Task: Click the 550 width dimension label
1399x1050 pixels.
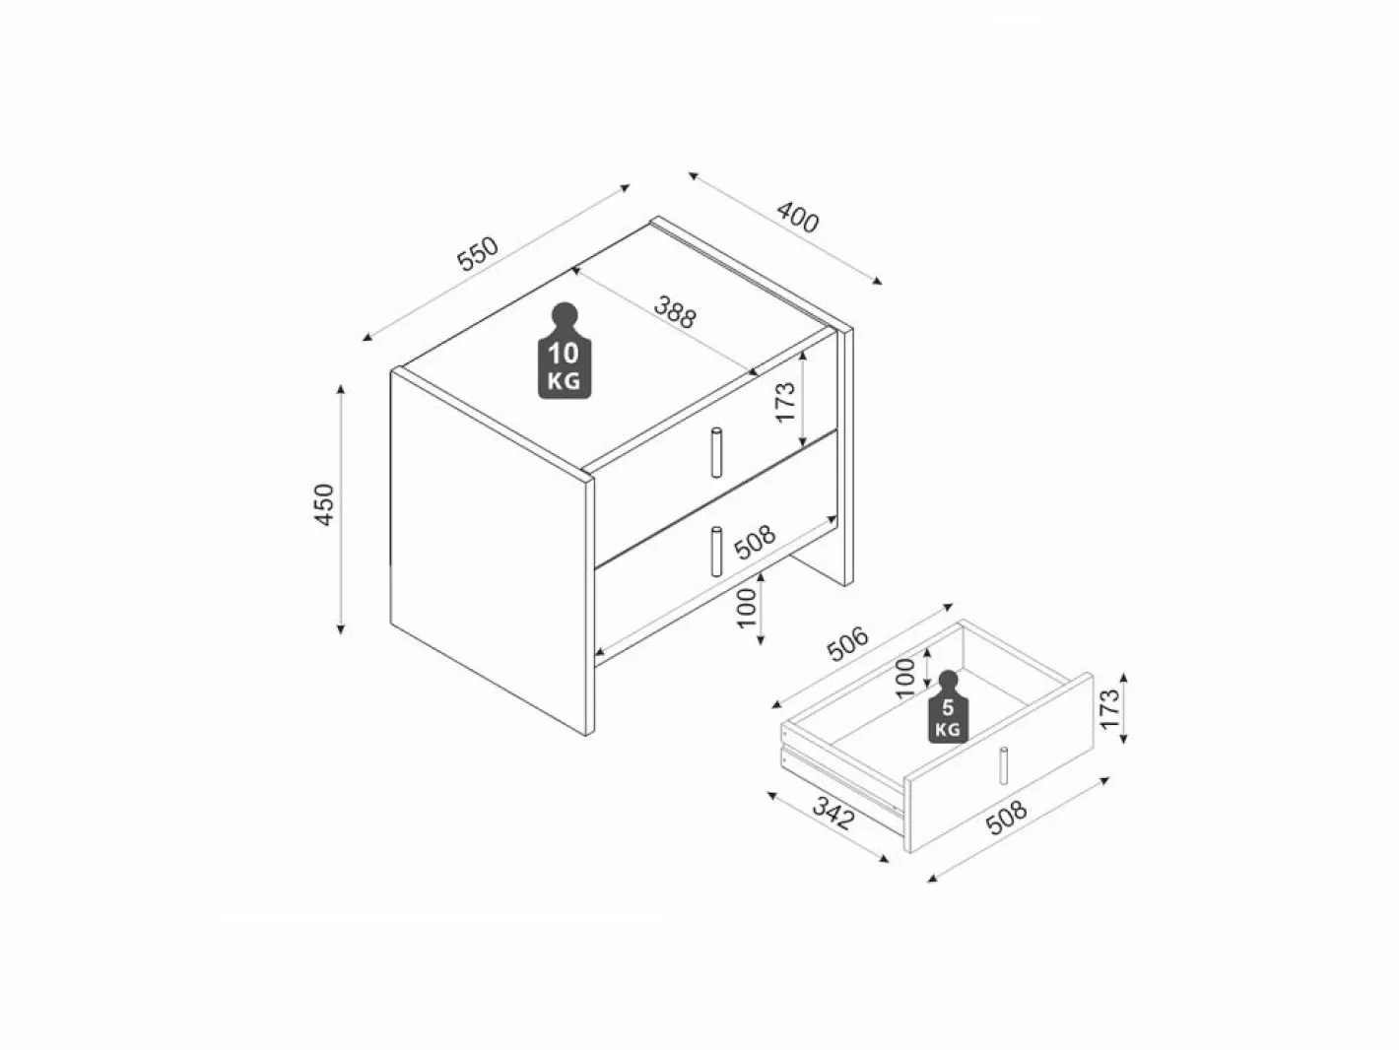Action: tap(478, 253)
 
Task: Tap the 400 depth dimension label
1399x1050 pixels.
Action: tap(797, 218)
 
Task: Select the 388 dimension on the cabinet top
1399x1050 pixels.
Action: tap(675, 311)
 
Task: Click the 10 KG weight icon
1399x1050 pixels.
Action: tap(565, 351)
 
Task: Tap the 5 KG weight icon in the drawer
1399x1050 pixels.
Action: tap(948, 706)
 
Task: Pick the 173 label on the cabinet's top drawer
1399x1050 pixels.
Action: tap(785, 402)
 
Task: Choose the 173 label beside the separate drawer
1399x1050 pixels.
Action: tap(1109, 708)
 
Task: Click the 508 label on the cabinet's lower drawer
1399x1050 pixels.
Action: tap(755, 542)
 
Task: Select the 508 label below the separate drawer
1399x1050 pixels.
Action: tap(1006, 818)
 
